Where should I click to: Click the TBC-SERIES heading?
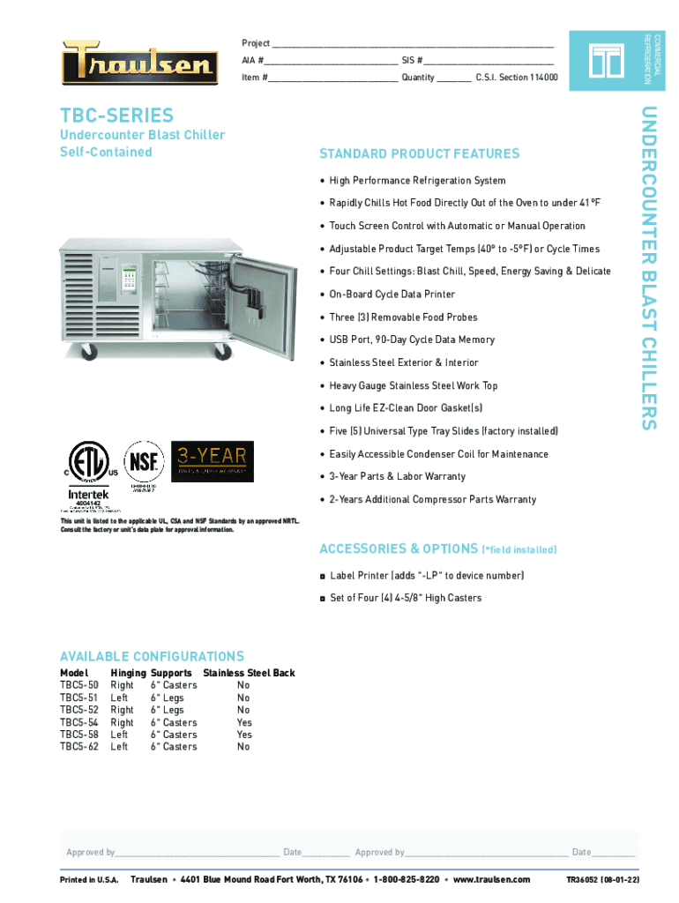[116, 116]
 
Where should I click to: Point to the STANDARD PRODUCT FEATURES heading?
[419, 154]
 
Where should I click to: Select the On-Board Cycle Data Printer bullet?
[392, 295]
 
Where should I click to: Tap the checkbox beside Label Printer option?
[323, 576]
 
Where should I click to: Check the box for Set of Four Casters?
[323, 599]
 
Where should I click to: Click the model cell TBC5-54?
[79, 722]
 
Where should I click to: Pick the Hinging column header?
[128, 673]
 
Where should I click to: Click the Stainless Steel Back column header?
[249, 673]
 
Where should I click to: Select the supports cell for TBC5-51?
[168, 698]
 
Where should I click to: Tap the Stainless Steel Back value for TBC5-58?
[244, 735]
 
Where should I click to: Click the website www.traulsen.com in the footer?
[491, 880]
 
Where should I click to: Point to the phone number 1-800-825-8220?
[407, 880]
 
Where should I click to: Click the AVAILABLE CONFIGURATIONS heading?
[152, 656]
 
